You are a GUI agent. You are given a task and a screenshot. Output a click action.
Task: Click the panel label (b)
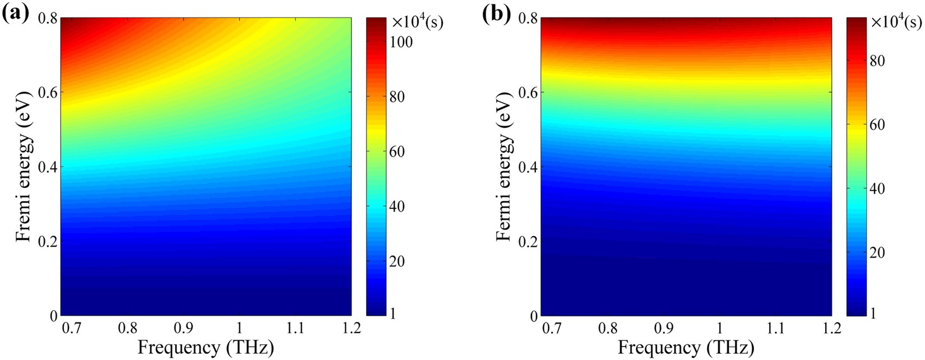click(496, 12)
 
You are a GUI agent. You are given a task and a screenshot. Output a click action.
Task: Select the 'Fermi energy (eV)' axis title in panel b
click(505, 167)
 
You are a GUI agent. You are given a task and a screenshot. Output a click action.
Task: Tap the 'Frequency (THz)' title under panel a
click(206, 348)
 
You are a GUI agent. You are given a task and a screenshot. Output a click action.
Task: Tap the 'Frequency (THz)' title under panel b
click(686, 348)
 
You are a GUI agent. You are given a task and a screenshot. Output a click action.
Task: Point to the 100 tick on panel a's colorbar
click(401, 42)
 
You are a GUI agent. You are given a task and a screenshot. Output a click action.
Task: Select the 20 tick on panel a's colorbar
click(397, 261)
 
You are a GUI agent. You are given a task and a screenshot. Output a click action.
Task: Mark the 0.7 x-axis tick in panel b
click(552, 329)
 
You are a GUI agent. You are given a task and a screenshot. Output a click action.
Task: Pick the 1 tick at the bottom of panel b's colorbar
click(872, 314)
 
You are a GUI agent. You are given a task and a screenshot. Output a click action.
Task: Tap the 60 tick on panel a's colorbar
click(397, 151)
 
